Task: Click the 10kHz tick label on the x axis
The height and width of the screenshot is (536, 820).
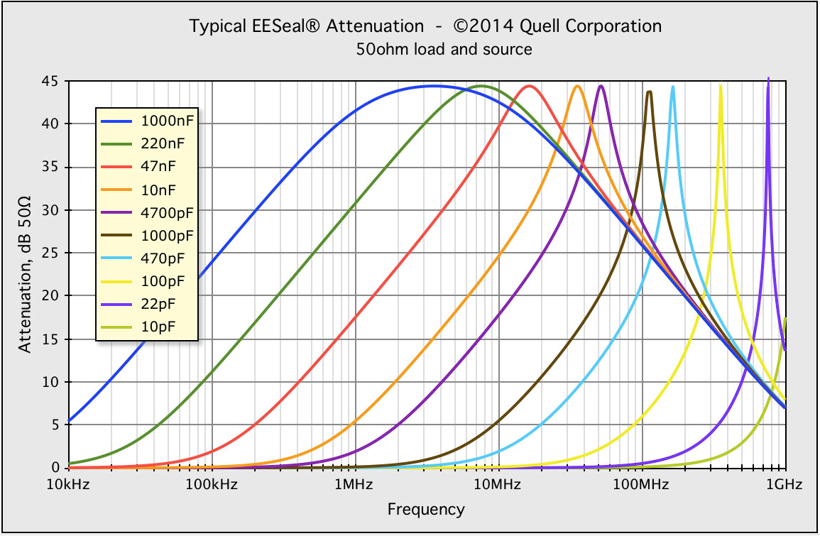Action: [x=69, y=485]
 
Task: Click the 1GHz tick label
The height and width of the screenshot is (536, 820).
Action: [x=785, y=485]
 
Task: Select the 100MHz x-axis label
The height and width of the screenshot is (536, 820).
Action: [x=641, y=485]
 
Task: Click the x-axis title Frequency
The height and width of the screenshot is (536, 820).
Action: [x=426, y=509]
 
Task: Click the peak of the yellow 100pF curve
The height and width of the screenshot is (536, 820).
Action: [x=721, y=85]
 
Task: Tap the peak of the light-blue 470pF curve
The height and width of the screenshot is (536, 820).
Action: [x=672, y=87]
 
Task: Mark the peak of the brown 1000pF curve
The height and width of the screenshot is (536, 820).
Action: [x=649, y=92]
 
